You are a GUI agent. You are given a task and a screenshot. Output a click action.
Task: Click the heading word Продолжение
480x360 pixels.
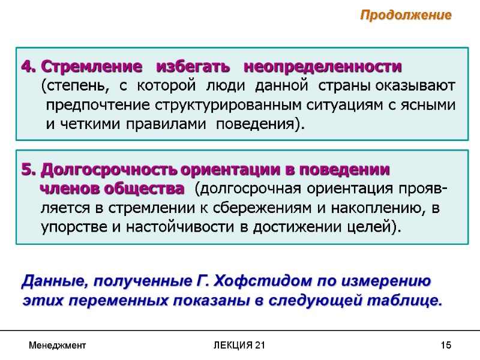tap(405, 16)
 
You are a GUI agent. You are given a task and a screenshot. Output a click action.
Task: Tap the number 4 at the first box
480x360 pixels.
tap(26, 65)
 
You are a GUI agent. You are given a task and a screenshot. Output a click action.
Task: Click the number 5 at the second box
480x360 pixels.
tap(26, 169)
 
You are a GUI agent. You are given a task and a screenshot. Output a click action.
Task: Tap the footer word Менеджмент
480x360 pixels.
tap(58, 346)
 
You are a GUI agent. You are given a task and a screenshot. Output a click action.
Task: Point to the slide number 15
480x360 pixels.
tap(445, 346)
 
